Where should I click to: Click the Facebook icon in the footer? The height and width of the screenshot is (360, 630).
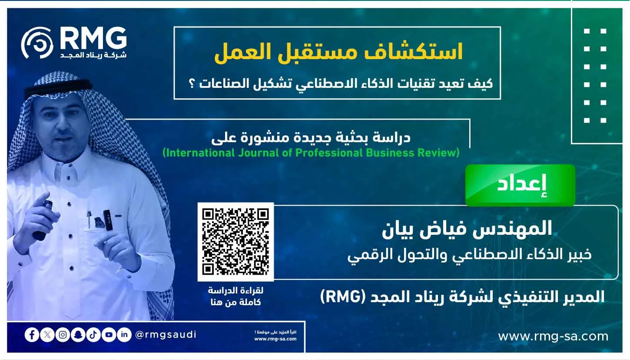(32, 335)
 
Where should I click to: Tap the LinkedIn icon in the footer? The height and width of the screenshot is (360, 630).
(124, 335)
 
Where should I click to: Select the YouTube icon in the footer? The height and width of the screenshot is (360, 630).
(109, 335)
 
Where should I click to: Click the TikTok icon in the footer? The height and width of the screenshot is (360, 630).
(93, 335)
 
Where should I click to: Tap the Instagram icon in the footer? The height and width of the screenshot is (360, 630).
(63, 335)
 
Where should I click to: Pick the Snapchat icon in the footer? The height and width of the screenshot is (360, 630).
(78, 335)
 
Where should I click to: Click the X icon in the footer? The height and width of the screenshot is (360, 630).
(47, 335)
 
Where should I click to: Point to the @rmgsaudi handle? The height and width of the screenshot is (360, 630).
(166, 334)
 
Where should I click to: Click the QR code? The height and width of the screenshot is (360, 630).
(235, 242)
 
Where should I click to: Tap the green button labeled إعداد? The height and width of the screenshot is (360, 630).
(521, 185)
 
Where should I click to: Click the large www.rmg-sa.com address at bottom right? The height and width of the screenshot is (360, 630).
(553, 337)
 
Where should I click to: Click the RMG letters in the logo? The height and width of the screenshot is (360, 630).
(93, 39)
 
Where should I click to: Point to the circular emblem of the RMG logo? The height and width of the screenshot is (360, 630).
(37, 43)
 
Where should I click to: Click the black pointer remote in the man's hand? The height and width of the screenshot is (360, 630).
(43, 219)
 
